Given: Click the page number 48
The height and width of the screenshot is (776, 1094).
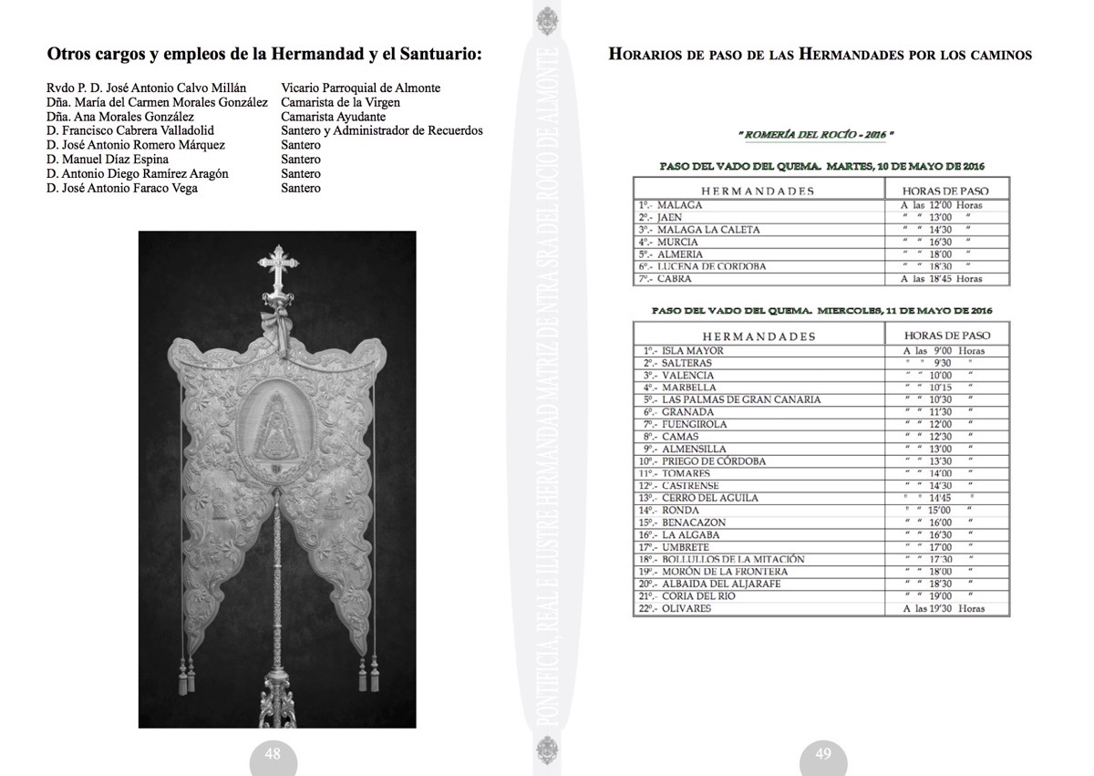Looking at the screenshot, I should [x=273, y=753].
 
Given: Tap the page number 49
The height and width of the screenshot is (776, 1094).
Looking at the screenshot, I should [x=823, y=753].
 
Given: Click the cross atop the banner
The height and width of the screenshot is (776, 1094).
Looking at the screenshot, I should [x=277, y=265].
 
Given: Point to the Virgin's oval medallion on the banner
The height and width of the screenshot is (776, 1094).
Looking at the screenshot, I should [x=277, y=421].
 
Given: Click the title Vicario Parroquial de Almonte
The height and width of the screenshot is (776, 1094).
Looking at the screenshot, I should [x=361, y=88].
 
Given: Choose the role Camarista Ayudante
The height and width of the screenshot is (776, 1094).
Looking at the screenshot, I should [x=333, y=117].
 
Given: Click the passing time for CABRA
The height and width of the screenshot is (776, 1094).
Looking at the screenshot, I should [x=941, y=279].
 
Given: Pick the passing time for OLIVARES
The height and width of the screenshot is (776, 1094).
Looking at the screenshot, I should [x=944, y=608].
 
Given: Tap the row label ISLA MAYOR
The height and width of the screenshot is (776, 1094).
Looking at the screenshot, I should [x=692, y=350].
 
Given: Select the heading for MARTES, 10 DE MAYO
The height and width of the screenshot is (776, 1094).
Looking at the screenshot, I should [x=820, y=166].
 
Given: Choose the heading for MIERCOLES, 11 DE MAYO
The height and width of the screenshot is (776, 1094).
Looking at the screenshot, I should [x=821, y=310].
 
